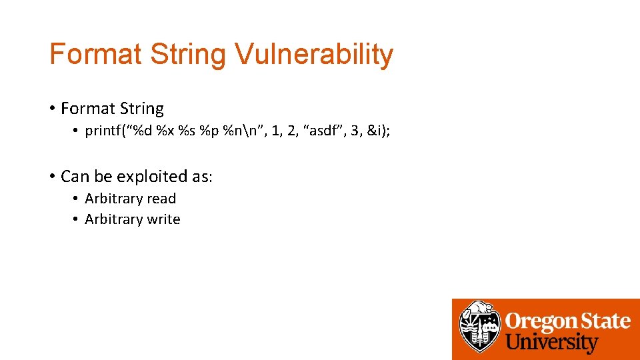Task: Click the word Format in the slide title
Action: coord(95,55)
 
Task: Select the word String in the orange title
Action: coord(188,55)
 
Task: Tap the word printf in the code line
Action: coord(106,131)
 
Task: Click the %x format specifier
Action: coord(165,131)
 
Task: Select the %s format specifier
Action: coord(186,131)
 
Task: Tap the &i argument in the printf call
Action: coord(377,131)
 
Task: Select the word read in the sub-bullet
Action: coord(162,199)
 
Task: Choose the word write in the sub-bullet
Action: coord(164,219)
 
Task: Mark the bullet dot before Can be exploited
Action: coord(51,177)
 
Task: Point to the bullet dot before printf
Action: coord(76,131)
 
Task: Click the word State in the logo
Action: coord(603,321)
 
